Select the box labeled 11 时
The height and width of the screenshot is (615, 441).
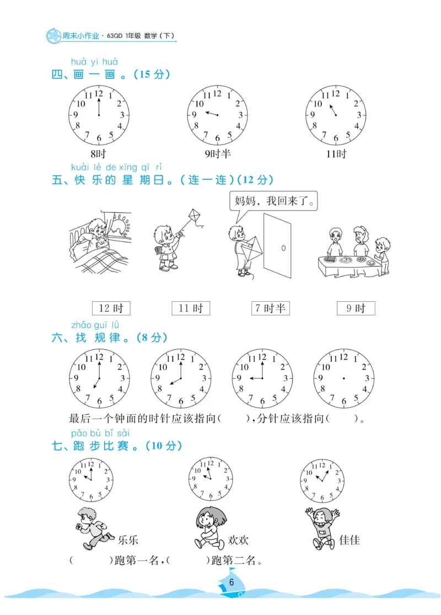(x=191, y=308)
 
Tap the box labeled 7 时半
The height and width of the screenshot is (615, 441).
(x=270, y=308)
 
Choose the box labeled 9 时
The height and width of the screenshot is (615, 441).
(x=356, y=308)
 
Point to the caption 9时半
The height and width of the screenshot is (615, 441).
(x=218, y=154)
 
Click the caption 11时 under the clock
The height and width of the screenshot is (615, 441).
(x=336, y=154)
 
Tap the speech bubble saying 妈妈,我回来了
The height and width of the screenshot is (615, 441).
(x=274, y=201)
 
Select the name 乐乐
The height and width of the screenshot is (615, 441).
(x=128, y=539)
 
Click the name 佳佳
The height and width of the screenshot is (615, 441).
(x=349, y=539)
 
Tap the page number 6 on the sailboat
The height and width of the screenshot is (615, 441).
(x=232, y=582)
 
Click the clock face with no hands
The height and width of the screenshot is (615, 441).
(x=343, y=378)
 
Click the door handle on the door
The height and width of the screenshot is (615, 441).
(x=283, y=248)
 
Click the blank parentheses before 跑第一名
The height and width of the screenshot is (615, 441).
(x=92, y=561)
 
